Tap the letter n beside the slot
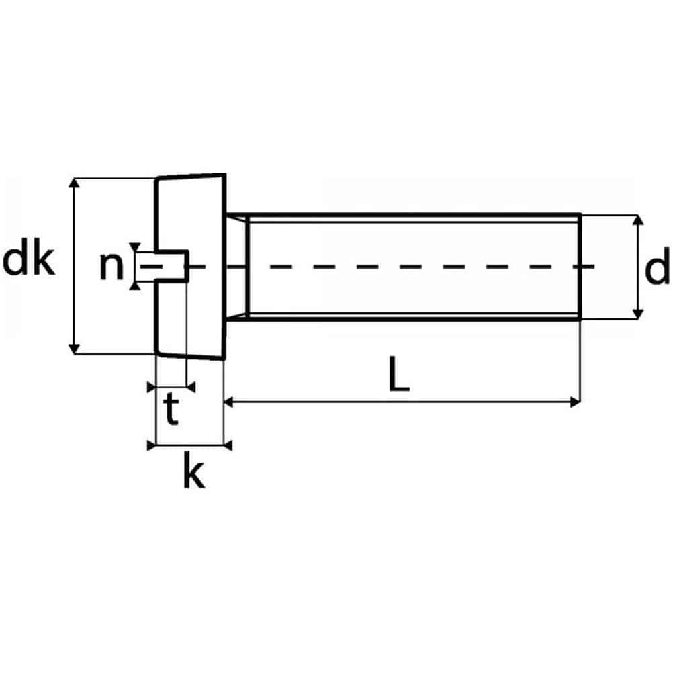click(111, 266)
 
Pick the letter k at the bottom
click(193, 474)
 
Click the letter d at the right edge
click(657, 268)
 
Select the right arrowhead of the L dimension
click(574, 402)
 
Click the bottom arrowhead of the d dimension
click(639, 314)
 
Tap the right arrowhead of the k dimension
click(227, 445)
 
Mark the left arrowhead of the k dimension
click(151, 445)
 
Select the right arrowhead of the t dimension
click(191, 386)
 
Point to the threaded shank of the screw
click(413, 235)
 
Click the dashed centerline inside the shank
click(403, 267)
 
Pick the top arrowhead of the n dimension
click(136, 246)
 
